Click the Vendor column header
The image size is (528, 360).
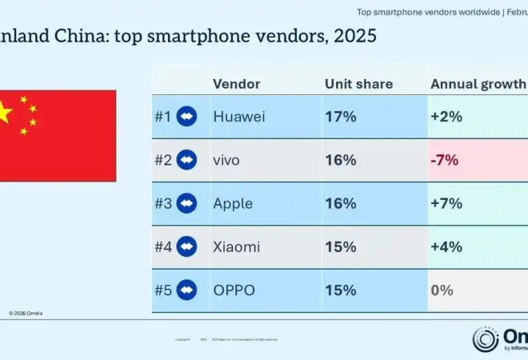pos(236,84)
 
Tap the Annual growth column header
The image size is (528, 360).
pos(478,84)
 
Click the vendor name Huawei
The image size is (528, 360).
pos(239,116)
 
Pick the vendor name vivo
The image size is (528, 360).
pos(226,160)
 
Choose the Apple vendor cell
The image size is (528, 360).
pos(233,203)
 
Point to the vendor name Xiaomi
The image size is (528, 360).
pos(236,246)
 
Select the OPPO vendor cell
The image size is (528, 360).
pos(234,290)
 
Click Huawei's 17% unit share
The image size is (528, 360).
pos(340,116)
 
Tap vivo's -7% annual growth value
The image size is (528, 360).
pos(445,160)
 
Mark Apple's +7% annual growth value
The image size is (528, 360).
pos(446,203)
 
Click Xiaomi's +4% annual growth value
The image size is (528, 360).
pos(446,246)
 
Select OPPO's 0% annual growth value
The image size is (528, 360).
pos(442,290)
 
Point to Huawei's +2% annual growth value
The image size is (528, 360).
pos(446,116)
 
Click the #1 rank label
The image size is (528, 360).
pos(162,116)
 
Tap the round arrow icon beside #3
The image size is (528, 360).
pos(187,203)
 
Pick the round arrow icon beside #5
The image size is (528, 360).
pos(187,290)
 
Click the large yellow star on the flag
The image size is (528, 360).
pos(4,113)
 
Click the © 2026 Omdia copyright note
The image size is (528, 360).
pos(26,313)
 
